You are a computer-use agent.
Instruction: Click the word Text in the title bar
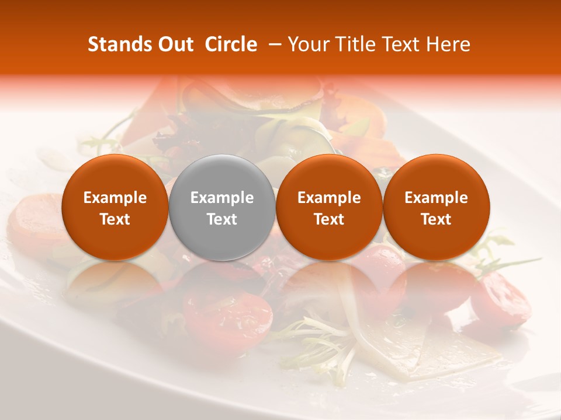click(x=403, y=44)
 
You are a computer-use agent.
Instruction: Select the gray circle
click(x=222, y=207)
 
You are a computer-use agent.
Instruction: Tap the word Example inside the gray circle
click(x=222, y=198)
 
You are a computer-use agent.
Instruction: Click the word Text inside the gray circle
click(x=222, y=219)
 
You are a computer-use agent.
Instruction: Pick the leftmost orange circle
click(x=115, y=207)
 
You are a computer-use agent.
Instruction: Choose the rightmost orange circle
click(x=437, y=207)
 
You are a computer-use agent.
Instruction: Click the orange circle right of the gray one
click(x=329, y=207)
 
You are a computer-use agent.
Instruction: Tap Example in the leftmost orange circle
click(x=115, y=198)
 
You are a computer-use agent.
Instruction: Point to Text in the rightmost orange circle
click(x=437, y=219)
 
